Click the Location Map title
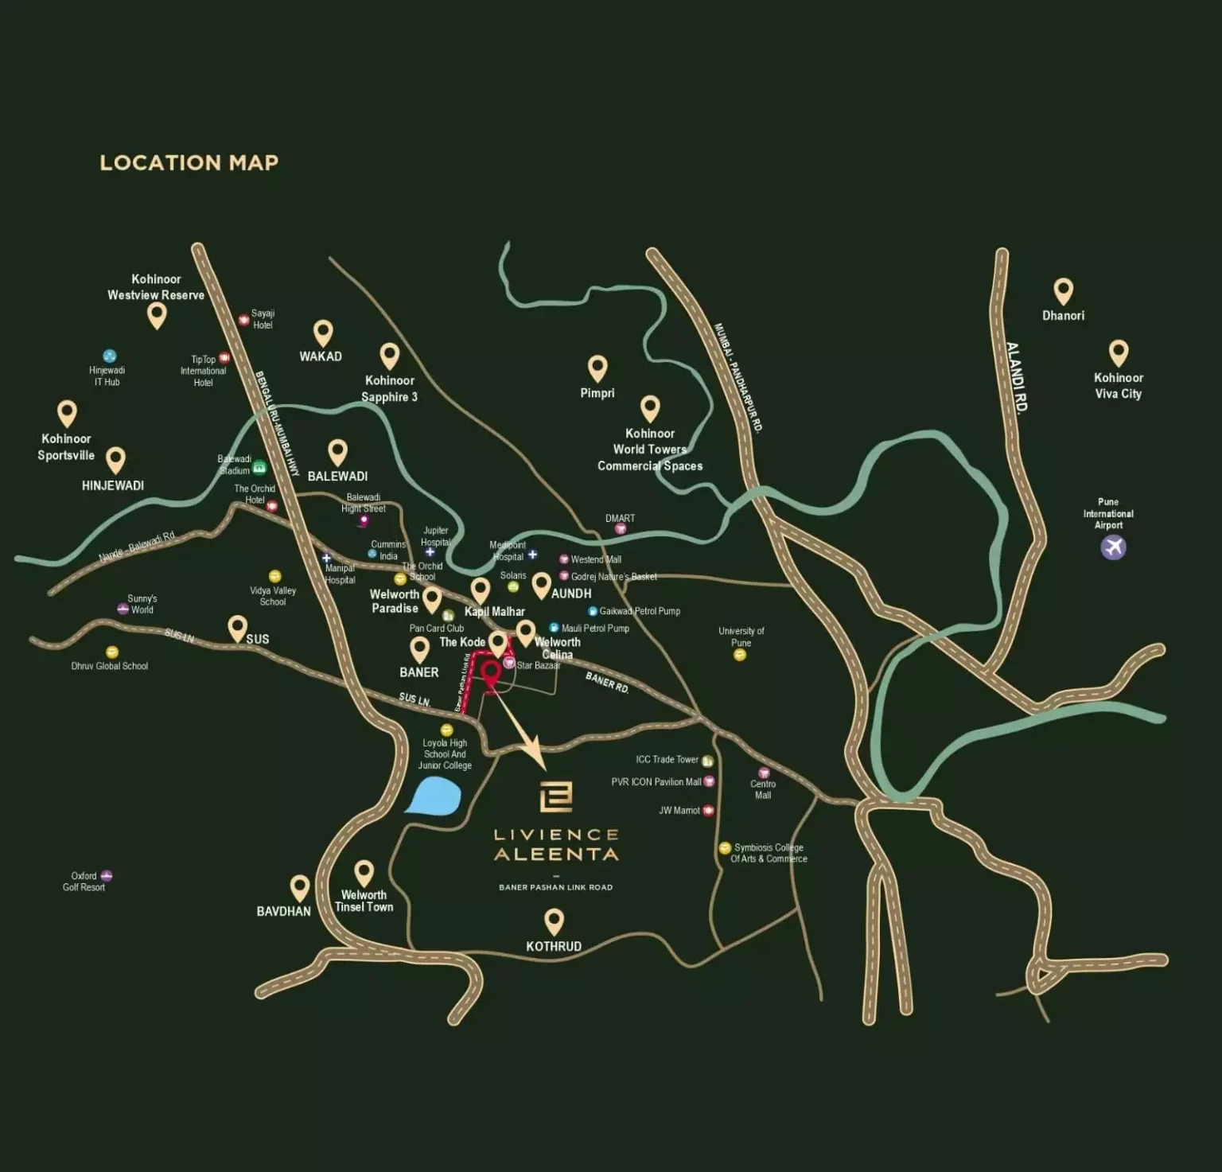pyautogui.click(x=189, y=163)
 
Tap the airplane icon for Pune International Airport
pyautogui.click(x=1113, y=547)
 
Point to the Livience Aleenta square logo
pyautogui.click(x=555, y=796)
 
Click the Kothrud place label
pyautogui.click(x=554, y=946)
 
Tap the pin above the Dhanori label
pyautogui.click(x=1063, y=291)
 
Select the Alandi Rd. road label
pyautogui.click(x=1017, y=376)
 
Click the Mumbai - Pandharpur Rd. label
pyautogui.click(x=738, y=377)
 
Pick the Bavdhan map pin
pyautogui.click(x=299, y=887)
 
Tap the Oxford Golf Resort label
pyautogui.click(x=84, y=882)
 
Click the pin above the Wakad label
pyautogui.click(x=322, y=333)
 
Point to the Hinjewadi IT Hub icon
pyautogui.click(x=110, y=356)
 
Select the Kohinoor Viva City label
pyautogui.click(x=1118, y=386)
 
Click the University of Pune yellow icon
pyautogui.click(x=740, y=656)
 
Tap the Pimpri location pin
pyautogui.click(x=597, y=368)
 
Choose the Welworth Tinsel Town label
pyautogui.click(x=364, y=901)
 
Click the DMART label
pyautogui.click(x=620, y=518)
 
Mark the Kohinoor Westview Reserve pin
pyautogui.click(x=157, y=315)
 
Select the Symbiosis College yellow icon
pyautogui.click(x=724, y=848)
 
